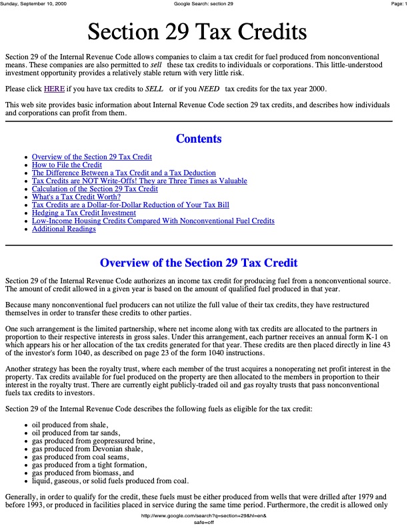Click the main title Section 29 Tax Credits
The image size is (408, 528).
click(x=197, y=31)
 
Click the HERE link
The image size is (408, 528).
click(x=54, y=89)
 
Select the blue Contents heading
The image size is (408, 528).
click(x=199, y=139)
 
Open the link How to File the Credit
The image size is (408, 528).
click(x=67, y=165)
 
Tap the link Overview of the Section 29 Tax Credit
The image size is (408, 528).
click(x=92, y=157)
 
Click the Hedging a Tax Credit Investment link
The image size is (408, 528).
click(x=84, y=213)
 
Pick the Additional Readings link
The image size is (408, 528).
click(x=64, y=229)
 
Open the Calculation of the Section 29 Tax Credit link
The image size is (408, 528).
click(x=95, y=189)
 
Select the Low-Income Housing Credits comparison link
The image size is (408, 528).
click(x=153, y=221)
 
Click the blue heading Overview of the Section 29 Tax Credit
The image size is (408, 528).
click(x=199, y=263)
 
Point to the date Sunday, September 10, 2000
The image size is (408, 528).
click(x=33, y=4)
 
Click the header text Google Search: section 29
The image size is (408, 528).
click(x=203, y=4)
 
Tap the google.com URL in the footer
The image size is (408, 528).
click(x=203, y=517)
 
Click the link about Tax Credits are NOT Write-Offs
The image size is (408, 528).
click(x=139, y=181)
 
